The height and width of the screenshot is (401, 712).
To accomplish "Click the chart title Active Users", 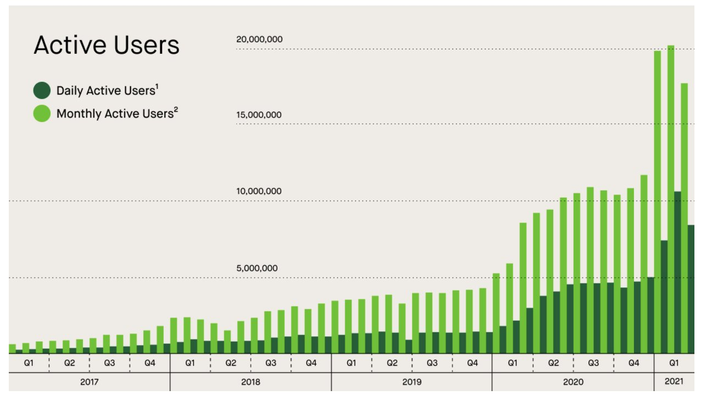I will (x=107, y=46).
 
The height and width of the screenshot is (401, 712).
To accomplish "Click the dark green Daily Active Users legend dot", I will (x=42, y=91).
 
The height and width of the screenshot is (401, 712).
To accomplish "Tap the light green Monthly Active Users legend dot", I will (x=42, y=114).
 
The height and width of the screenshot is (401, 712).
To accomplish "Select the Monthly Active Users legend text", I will (x=114, y=114).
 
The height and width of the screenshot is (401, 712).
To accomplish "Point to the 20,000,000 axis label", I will (x=259, y=40).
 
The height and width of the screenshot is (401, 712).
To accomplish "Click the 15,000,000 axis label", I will (x=259, y=115).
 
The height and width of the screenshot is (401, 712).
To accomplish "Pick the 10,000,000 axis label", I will (x=259, y=192).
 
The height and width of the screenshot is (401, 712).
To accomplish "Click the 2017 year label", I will (x=89, y=382).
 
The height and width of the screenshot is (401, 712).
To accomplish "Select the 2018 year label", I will (x=251, y=382).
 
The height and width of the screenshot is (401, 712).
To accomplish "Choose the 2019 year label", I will (x=411, y=382).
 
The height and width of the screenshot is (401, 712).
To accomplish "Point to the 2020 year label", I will (x=573, y=382).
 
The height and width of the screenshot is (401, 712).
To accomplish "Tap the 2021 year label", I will (x=674, y=382).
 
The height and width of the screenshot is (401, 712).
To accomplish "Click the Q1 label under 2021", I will (x=674, y=363).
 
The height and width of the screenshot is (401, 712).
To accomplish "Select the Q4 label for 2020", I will (x=633, y=363).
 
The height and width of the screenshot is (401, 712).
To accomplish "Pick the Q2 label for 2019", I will (x=392, y=363).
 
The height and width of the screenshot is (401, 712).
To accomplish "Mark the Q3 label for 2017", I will (x=109, y=363).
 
